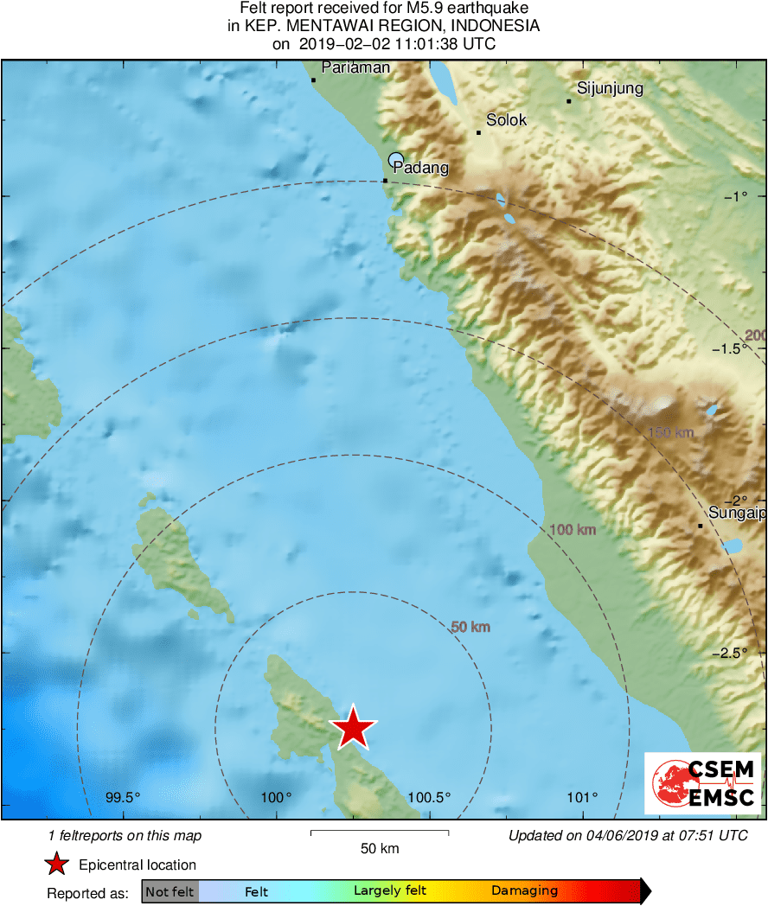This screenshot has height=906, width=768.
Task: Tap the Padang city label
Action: pyautogui.click(x=421, y=168)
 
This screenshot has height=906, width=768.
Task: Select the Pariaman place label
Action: pyautogui.click(x=355, y=67)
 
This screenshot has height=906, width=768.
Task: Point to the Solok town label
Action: pyautogui.click(x=506, y=120)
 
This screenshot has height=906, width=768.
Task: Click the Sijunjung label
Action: pyautogui.click(x=610, y=88)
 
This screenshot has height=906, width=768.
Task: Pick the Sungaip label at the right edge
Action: pyautogui.click(x=737, y=514)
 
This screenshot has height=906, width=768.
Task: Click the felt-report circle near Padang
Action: pyautogui.click(x=396, y=159)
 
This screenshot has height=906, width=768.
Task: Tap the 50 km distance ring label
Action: pyautogui.click(x=470, y=627)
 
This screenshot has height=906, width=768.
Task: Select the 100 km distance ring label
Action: pyautogui.click(x=573, y=529)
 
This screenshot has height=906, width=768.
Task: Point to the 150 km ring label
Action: pyautogui.click(x=671, y=431)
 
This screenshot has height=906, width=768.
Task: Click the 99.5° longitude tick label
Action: pyautogui.click(x=123, y=797)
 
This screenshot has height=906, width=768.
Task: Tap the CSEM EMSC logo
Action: pyautogui.click(x=703, y=782)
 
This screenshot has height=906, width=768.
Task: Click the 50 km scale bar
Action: pyautogui.click(x=379, y=833)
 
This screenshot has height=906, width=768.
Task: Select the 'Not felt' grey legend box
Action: pyautogui.click(x=170, y=891)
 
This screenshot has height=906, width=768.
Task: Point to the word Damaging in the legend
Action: pyautogui.click(x=524, y=891)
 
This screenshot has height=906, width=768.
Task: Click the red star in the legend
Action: pyautogui.click(x=57, y=865)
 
